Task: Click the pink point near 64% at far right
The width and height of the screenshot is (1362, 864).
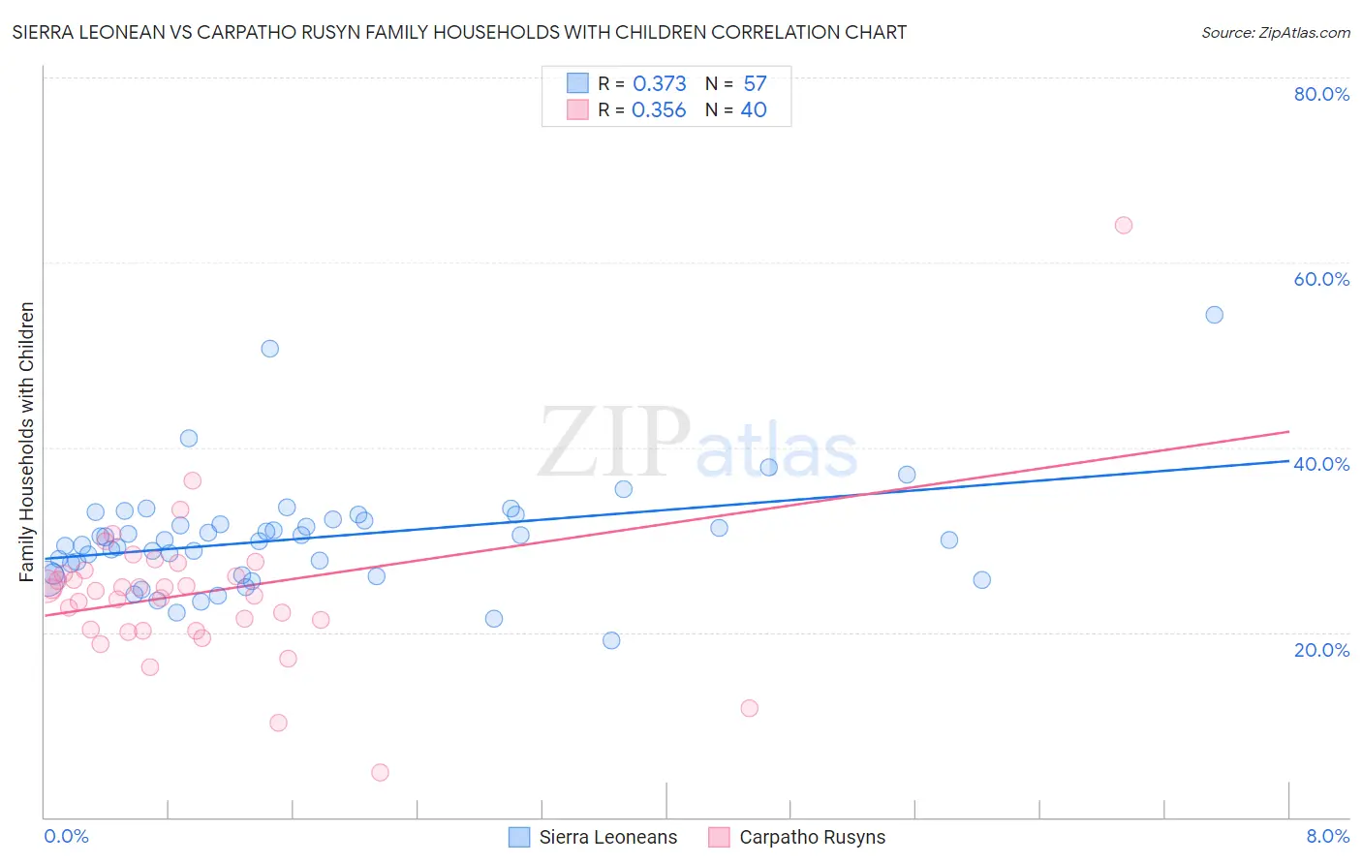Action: click(1123, 226)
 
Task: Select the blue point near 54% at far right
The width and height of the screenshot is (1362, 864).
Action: click(1214, 315)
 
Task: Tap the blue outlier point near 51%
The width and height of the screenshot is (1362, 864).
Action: click(270, 349)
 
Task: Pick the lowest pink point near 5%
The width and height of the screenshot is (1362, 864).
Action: click(380, 772)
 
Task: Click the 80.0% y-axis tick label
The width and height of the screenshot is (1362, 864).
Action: click(1321, 94)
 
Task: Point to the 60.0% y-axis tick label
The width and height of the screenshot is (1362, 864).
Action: click(1321, 279)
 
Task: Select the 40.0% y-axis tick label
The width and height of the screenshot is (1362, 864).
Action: click(1321, 464)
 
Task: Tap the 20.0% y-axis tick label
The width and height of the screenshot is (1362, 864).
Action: click(1321, 650)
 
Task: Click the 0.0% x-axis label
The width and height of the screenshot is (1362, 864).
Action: click(66, 836)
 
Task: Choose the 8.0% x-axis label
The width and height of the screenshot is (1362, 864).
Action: click(1327, 836)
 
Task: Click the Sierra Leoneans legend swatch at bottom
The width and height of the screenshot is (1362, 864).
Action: click(519, 837)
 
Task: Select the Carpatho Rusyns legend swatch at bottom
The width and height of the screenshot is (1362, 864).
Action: click(719, 837)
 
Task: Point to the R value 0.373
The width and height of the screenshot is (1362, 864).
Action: click(659, 84)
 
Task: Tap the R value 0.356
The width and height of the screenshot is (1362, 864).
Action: click(659, 110)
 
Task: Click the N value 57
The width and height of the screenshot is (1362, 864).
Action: click(755, 84)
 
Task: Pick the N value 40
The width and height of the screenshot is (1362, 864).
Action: click(754, 110)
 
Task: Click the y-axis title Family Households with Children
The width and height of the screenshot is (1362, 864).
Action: click(26, 442)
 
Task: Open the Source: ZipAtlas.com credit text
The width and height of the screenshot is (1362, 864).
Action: click(1275, 33)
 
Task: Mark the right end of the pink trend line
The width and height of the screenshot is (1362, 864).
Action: click(1288, 431)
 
